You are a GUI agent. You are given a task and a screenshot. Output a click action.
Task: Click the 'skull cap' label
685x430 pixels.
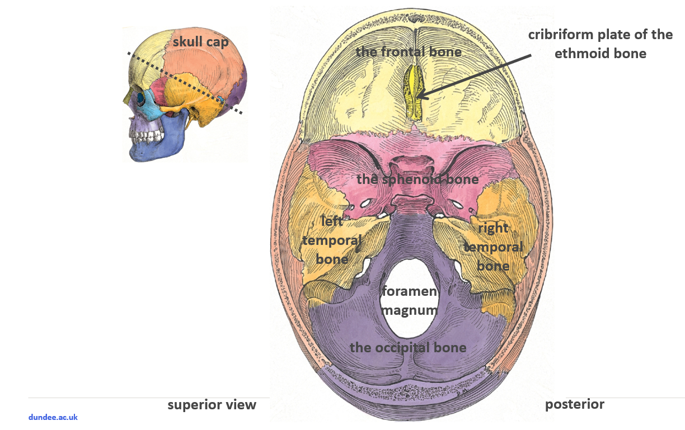(200, 42)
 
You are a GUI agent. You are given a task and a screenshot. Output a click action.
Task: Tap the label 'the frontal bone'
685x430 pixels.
(409, 52)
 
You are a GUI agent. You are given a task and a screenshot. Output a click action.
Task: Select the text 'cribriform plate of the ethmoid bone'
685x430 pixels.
(600, 44)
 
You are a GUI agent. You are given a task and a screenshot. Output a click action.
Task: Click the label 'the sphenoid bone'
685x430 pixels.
(417, 179)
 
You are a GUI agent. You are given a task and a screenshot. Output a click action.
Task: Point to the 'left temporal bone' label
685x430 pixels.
(332, 240)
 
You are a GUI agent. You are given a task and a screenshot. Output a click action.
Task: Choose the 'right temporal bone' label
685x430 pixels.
(493, 247)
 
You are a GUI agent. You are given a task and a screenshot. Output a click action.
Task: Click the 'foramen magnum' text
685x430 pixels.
(409, 301)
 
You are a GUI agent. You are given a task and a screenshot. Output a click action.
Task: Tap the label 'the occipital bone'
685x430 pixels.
(408, 347)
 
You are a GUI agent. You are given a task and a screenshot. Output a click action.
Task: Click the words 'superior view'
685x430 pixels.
(212, 405)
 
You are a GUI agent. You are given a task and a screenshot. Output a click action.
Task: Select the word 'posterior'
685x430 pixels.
(575, 404)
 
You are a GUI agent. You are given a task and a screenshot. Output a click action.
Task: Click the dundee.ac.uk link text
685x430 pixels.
(53, 417)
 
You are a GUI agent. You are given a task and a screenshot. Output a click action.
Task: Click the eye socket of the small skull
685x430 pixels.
(138, 97)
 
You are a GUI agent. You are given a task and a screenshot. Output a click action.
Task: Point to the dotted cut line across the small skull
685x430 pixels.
(185, 83)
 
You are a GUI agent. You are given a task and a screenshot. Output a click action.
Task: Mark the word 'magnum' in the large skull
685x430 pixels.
(409, 310)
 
